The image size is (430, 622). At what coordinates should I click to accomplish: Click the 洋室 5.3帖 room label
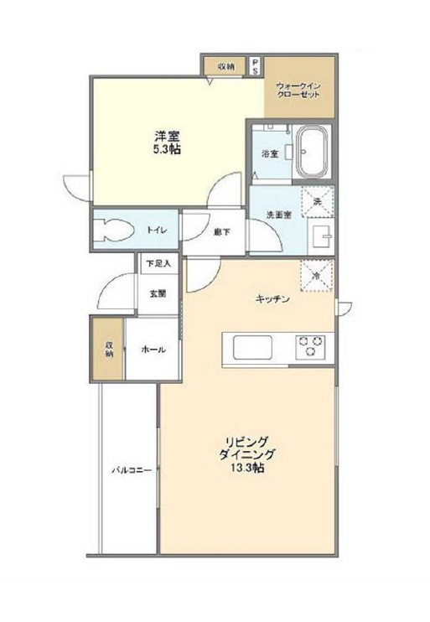(168, 143)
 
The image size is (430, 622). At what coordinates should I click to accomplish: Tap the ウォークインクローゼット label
(298, 91)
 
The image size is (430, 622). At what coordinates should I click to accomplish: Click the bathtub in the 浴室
(313, 152)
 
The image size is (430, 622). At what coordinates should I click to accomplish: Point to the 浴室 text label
(270, 154)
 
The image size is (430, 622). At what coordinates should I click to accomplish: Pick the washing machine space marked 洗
(318, 201)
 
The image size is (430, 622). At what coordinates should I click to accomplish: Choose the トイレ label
(157, 230)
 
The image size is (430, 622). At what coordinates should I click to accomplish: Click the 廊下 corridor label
(221, 232)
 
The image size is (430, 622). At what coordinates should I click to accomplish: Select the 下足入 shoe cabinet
(158, 263)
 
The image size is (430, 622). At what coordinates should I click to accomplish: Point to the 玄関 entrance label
(158, 294)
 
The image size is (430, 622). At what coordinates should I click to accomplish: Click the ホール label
(153, 350)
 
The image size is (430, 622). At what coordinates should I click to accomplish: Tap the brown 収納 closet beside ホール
(108, 349)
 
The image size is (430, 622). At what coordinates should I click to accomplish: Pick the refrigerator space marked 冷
(317, 276)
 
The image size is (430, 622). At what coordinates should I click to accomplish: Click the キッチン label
(272, 299)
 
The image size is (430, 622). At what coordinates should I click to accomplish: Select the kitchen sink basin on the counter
(252, 348)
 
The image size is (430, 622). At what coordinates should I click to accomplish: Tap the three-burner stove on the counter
(310, 345)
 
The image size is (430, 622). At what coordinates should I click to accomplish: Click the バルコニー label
(131, 470)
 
